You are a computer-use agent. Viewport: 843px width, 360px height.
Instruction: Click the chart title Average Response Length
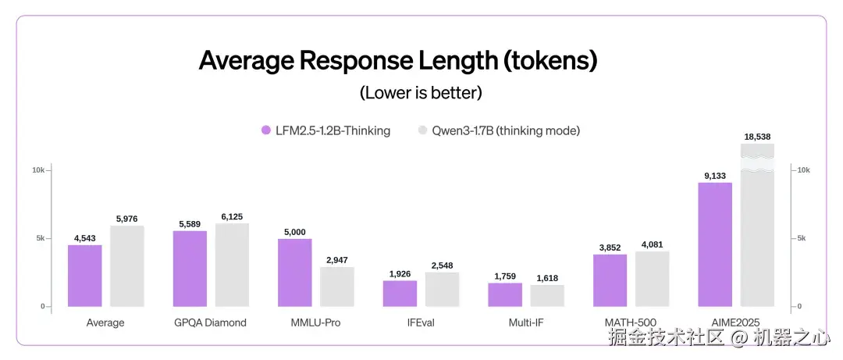coord(398,61)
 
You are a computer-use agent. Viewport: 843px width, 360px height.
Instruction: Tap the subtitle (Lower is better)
coord(421,93)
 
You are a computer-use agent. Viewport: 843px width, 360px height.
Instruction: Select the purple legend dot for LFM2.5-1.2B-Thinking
coord(265,130)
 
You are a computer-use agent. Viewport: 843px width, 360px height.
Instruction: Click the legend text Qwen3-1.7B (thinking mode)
coord(506,130)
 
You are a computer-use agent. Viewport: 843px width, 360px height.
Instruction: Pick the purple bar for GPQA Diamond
coord(190,268)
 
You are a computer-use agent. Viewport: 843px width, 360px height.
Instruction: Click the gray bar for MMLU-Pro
coord(337,286)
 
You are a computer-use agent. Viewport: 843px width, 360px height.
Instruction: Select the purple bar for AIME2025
coord(715,244)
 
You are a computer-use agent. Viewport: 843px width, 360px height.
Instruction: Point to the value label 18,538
coord(757,137)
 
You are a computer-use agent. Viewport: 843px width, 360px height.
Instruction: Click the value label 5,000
coord(295,232)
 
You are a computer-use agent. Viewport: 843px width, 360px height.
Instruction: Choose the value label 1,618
coord(547,278)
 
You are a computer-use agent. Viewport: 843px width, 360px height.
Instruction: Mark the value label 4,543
coord(85,238)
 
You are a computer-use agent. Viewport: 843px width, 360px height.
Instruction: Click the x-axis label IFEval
coord(421,322)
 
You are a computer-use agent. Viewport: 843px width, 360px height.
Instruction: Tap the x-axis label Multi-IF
coord(525,322)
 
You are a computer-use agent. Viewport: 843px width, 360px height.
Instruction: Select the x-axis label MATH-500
coord(631,322)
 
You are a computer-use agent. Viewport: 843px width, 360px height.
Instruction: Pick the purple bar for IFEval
coord(400,293)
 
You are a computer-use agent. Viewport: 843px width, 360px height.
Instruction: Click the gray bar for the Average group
coord(127,266)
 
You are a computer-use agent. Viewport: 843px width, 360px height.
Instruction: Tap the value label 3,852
coord(610,248)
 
